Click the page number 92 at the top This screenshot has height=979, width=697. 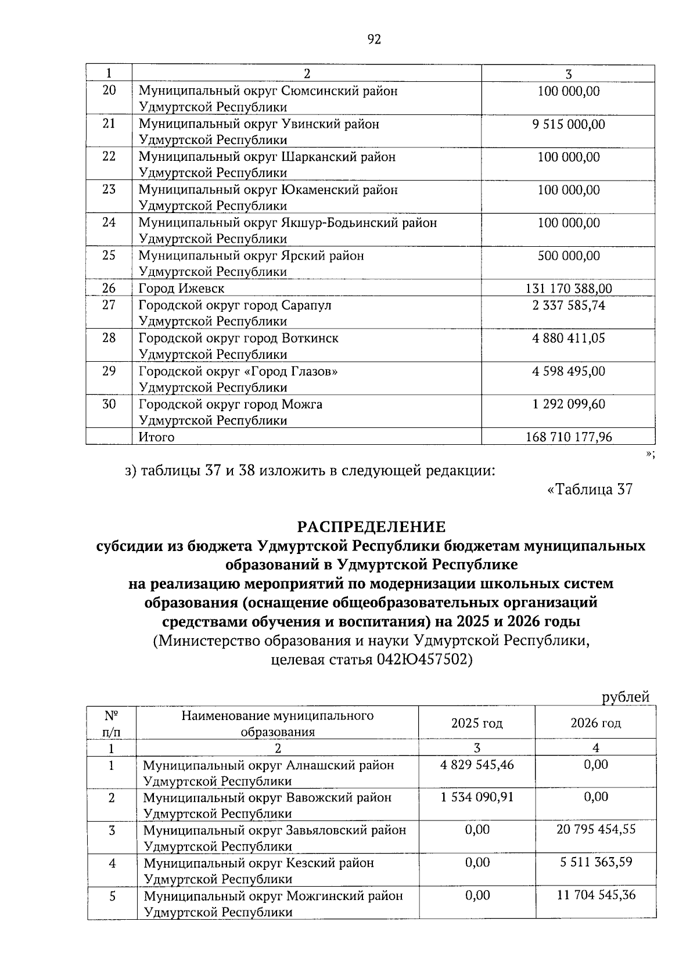pos(374,39)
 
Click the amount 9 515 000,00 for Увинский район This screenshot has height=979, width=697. pos(568,124)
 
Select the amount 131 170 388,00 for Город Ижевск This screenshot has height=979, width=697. pos(568,289)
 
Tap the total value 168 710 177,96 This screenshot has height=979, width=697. pos(568,437)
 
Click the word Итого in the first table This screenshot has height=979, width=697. pos(156,437)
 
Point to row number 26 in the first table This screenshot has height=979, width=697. pos(109,289)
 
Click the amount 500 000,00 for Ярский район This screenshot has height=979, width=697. pos(568,256)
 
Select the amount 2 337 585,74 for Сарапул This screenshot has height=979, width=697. pos(568,305)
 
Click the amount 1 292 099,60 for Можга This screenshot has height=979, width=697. pos(568,404)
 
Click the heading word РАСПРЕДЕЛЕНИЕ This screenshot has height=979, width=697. pos(371,527)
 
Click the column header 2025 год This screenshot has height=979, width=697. pos(477,724)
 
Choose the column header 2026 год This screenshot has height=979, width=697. pos(595,724)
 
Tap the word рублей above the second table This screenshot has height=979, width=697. pos(625,697)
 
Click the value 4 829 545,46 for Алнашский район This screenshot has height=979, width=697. pos(477,765)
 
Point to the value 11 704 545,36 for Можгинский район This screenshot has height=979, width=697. pos(595,896)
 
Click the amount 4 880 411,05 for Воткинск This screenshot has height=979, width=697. pos(568,339)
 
